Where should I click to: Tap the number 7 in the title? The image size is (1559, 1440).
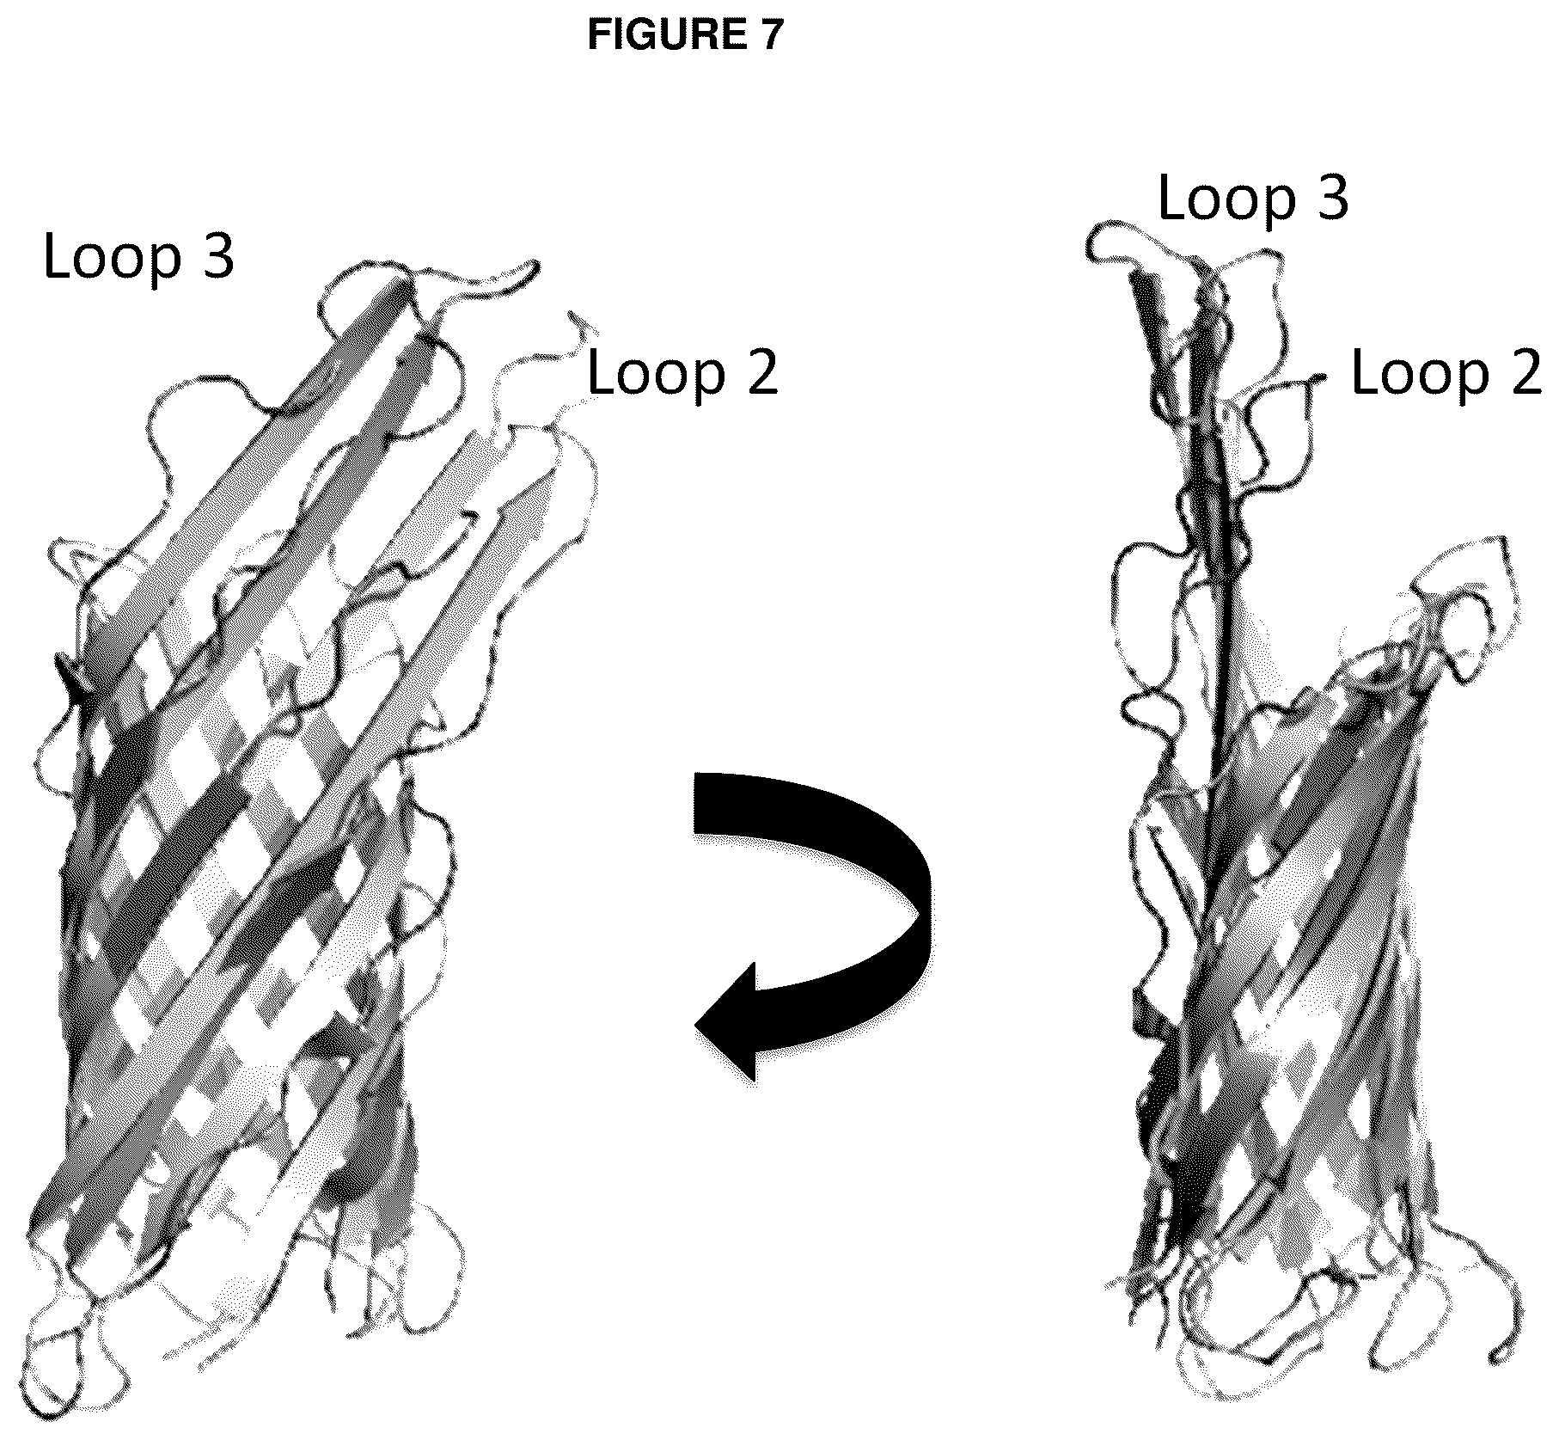pos(770,34)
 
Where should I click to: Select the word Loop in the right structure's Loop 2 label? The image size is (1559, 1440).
pos(1420,374)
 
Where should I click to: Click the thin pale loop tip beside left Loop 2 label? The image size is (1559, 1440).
pos(581,325)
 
